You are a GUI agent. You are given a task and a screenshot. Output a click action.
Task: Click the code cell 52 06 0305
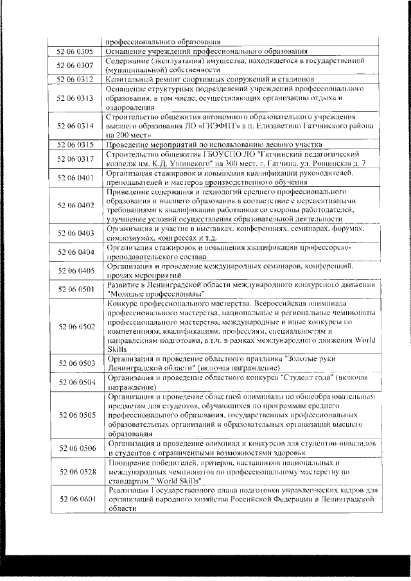tap(76, 51)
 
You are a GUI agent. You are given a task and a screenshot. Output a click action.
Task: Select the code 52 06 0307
tap(76, 65)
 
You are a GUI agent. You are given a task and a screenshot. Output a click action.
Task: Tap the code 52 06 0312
tap(76, 79)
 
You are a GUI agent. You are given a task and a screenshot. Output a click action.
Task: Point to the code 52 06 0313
tap(76, 98)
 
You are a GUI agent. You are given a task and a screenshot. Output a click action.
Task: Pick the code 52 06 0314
tap(76, 126)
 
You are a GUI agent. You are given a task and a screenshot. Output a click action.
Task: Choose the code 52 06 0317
tap(76, 159)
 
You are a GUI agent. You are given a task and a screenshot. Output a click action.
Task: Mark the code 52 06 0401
tap(76, 177)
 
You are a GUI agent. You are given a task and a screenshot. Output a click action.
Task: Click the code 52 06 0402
tap(76, 205)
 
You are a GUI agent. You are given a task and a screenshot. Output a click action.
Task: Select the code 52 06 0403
tap(76, 233)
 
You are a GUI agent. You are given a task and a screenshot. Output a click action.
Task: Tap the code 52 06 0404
tap(76, 252)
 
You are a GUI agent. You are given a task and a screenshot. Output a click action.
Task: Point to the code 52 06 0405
tap(76, 270)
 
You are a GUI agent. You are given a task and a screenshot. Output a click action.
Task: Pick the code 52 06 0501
tap(76, 289)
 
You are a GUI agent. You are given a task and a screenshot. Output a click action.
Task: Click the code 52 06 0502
tap(76, 326)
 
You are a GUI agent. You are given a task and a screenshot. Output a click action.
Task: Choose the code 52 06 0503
tap(76, 363)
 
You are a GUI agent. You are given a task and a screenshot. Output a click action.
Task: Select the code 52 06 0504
tap(76, 383)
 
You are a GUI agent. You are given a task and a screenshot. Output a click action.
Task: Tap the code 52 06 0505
tap(76, 415)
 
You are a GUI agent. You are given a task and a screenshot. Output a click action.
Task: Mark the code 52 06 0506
tap(76, 447)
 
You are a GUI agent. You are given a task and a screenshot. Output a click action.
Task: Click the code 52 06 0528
tap(76, 472)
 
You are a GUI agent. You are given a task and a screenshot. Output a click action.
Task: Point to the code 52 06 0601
tap(76, 499)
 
